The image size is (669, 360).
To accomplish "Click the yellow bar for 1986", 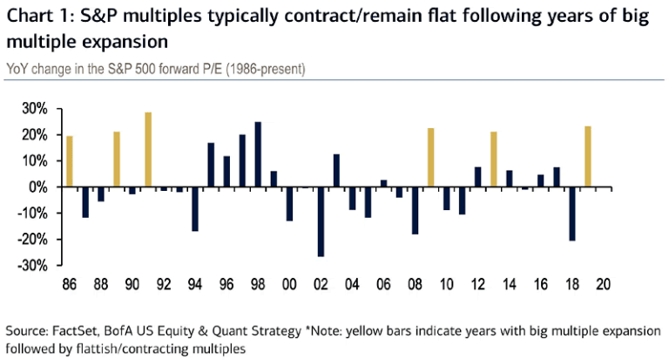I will point(70,161).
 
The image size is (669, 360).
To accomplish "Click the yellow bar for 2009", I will point(430,158).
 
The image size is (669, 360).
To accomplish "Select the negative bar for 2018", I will point(572,214).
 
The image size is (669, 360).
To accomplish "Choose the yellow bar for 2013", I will point(494,160).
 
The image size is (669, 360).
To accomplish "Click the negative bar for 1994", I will point(195,209).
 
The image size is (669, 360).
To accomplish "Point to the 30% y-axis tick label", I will point(36,109).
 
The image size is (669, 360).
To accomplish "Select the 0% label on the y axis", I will point(40,187).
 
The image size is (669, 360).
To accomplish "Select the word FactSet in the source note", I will point(74,331).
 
